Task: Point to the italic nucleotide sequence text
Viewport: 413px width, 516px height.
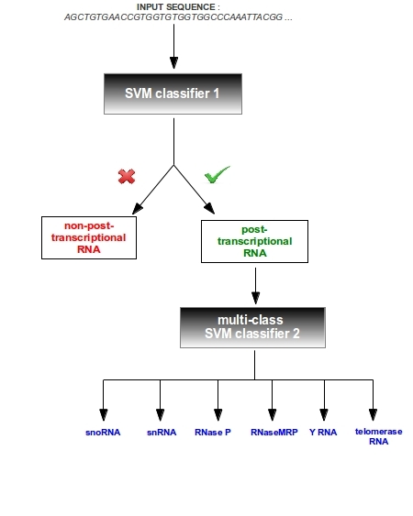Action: point(178,17)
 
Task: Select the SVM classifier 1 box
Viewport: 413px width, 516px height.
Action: point(173,93)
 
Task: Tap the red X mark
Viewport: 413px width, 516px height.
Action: point(127,176)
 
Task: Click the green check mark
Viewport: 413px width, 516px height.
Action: point(217,174)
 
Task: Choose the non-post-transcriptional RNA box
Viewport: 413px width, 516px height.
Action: point(89,237)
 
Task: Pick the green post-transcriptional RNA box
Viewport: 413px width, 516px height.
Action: point(254,241)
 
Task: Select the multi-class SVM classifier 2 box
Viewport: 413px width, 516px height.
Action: point(252,327)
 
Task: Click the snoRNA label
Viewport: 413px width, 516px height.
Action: point(103,432)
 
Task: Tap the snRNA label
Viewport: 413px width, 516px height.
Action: point(162,432)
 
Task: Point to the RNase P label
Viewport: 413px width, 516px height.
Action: point(213,432)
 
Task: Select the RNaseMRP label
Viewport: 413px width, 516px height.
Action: point(273,432)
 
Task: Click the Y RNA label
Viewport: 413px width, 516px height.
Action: point(323,432)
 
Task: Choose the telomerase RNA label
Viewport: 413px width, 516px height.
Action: point(378,436)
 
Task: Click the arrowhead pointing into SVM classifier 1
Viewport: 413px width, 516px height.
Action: point(174,63)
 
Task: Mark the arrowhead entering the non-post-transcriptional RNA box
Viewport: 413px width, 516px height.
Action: point(137,209)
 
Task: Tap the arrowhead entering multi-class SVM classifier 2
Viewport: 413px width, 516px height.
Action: point(255,298)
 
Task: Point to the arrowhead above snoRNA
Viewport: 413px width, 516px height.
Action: point(104,415)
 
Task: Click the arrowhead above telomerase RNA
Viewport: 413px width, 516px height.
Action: point(373,415)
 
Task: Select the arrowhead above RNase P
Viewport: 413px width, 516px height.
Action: point(218,415)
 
